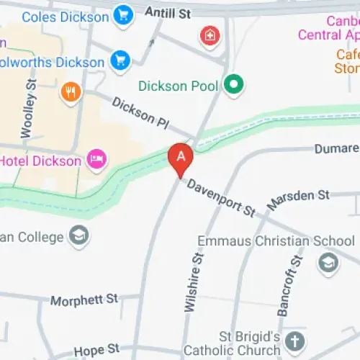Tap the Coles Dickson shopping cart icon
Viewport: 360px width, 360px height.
point(125,13)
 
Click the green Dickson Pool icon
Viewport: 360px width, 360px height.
point(233,86)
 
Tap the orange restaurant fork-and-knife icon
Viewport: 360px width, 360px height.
point(71,91)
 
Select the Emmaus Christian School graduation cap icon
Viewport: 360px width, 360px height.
point(328,261)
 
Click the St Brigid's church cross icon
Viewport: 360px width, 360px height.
point(294,340)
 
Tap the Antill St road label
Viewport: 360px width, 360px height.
point(168,12)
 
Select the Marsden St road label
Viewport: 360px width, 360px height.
point(297,199)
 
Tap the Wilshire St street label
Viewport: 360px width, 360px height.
point(192,281)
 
